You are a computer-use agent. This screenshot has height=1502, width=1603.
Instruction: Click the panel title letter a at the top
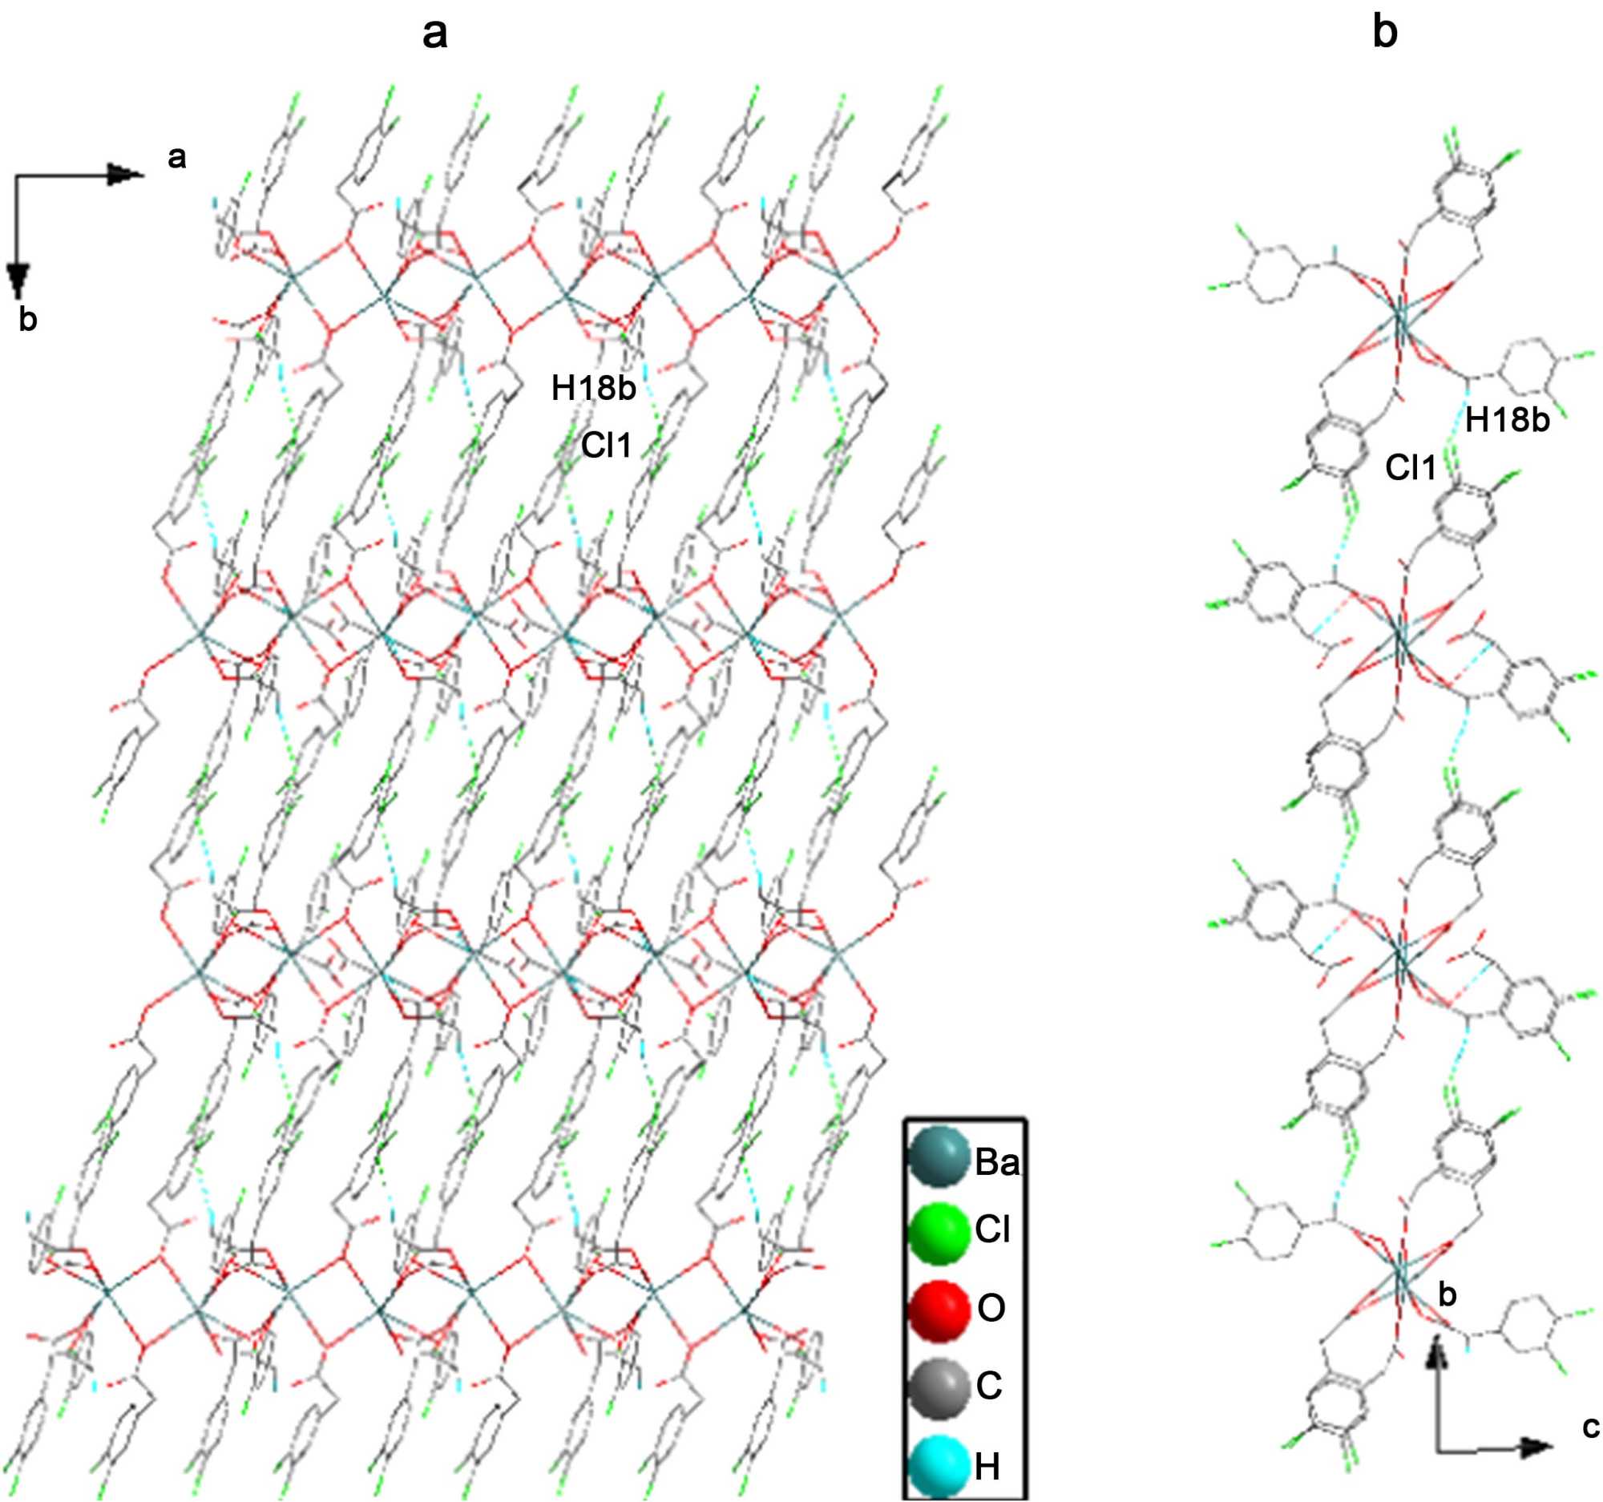(434, 34)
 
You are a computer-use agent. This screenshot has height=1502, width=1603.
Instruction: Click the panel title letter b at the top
(1384, 34)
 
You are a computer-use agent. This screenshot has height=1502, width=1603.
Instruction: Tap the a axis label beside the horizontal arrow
(176, 158)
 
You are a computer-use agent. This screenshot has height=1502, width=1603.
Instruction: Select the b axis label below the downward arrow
(28, 320)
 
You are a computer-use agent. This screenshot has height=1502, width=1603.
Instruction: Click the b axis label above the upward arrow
(1448, 1318)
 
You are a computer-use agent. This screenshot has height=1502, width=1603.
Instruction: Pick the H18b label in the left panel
(593, 389)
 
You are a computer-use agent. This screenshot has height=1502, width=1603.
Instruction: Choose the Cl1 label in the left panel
(607, 445)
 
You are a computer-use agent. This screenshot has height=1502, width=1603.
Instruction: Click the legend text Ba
(996, 1164)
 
